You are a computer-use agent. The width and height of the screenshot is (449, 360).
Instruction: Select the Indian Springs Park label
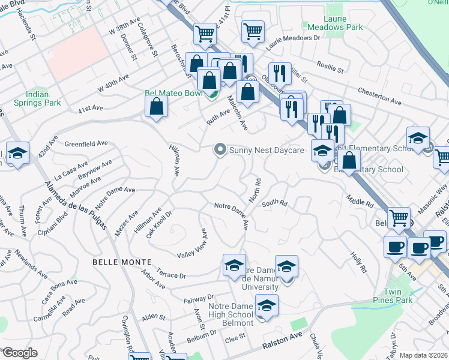pos(44,99)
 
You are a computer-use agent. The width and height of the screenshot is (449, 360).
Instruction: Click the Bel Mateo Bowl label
pos(173,94)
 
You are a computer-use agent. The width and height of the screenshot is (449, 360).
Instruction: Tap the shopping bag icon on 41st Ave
pos(156,107)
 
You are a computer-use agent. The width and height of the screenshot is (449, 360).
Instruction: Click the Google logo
pos(20,353)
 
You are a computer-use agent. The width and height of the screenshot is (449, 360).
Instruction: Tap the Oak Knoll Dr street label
pos(159,224)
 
